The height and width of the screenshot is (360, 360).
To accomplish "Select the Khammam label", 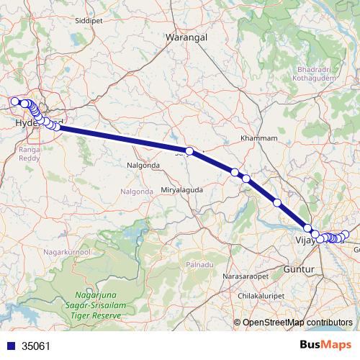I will click(x=258, y=138).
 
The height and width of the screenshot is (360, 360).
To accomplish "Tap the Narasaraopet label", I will click(x=246, y=276).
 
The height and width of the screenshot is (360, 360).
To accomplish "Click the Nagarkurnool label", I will click(x=65, y=253).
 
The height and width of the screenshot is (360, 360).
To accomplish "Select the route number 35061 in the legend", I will click(x=36, y=346).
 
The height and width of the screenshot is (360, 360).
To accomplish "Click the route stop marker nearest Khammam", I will click(x=235, y=171).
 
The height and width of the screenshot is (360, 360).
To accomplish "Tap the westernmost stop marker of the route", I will click(x=14, y=102).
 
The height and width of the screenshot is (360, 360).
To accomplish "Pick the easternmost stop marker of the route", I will click(x=345, y=234).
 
